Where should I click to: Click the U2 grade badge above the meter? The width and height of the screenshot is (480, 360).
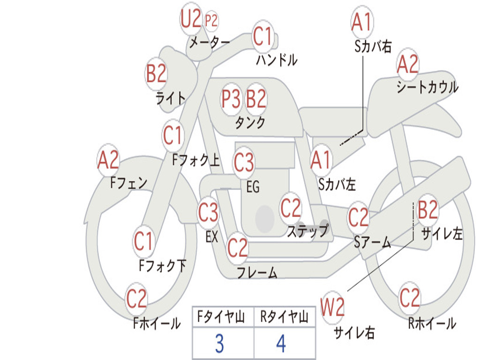[191, 18]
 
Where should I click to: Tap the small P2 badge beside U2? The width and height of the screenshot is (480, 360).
[211, 21]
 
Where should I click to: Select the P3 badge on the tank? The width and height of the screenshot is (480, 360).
[231, 99]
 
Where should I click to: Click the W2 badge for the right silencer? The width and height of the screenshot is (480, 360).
[332, 307]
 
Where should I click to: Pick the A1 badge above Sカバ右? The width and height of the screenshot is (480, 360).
[362, 22]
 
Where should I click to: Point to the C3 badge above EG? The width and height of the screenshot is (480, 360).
[244, 162]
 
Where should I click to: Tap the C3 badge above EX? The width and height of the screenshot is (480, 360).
[208, 212]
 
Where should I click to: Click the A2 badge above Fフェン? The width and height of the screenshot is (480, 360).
[108, 160]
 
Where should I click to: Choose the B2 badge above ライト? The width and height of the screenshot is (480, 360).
[156, 74]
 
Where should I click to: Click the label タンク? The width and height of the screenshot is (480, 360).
[250, 123]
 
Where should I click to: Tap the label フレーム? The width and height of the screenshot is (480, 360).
[257, 272]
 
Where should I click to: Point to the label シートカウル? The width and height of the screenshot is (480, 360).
[427, 87]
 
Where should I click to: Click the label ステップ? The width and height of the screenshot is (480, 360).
[307, 231]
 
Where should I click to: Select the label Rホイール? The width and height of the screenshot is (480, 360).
[432, 323]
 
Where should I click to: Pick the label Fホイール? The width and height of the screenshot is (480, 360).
[157, 323]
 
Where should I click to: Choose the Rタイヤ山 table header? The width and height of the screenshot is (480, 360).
[285, 317]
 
